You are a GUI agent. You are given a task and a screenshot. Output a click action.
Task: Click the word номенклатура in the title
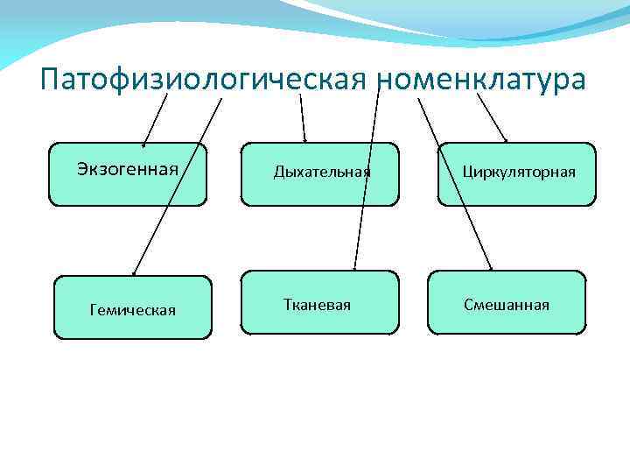pos(483,80)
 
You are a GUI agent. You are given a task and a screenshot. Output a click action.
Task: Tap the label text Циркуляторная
pos(519,172)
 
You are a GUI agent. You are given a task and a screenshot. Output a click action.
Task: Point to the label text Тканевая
pos(317,305)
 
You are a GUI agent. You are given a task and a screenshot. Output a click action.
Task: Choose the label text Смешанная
pos(507,305)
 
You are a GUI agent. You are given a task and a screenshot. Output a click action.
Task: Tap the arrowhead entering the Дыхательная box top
pos(304,139)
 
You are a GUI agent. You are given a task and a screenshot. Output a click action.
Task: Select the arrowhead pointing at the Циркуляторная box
pos(505,138)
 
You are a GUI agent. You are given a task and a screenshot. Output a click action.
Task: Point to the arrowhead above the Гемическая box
pos(135,272)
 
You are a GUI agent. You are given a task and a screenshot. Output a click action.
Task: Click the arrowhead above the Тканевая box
pos(354,266)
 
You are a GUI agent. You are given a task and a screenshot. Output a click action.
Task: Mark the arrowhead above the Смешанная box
pos(491,266)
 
